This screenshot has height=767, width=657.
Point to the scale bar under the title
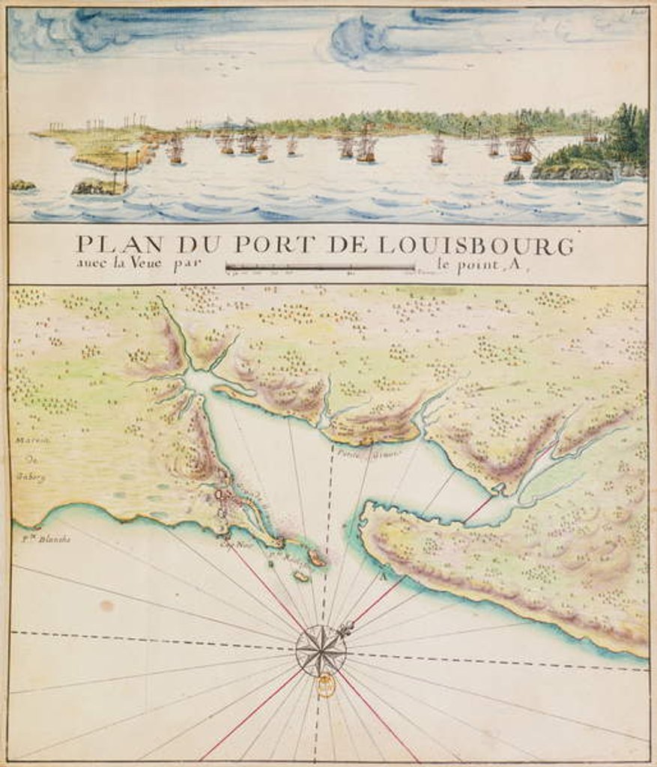(320, 266)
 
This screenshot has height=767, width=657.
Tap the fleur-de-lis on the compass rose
(345, 628)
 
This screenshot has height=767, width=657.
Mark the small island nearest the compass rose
(301, 575)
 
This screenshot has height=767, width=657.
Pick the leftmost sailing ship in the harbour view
(175, 150)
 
